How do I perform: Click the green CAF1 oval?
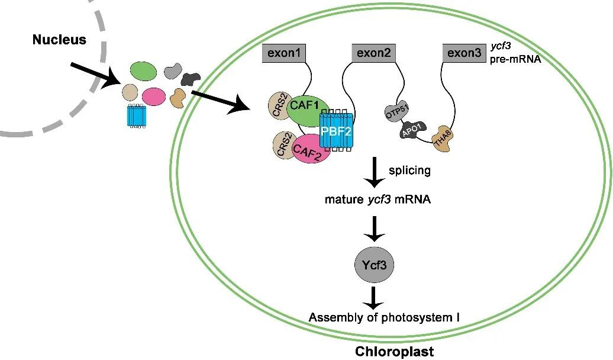pyautogui.click(x=305, y=108)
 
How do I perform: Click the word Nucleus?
pyautogui.click(x=59, y=40)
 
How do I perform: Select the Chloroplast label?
pyautogui.click(x=394, y=352)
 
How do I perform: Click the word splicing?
pyautogui.click(x=409, y=171)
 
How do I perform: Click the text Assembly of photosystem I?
pyautogui.click(x=385, y=319)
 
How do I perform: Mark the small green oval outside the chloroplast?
pyautogui.click(x=143, y=72)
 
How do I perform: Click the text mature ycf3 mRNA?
pyautogui.click(x=378, y=200)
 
